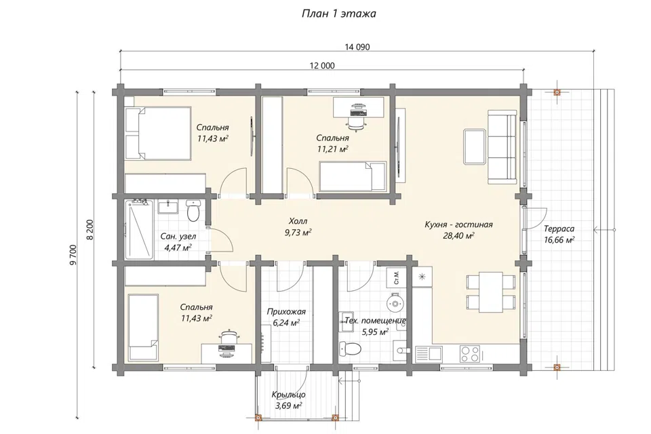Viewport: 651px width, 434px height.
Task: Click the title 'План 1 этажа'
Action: (338, 14)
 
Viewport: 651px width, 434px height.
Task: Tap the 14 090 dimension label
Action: (357, 47)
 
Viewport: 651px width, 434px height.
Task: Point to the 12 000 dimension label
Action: (322, 66)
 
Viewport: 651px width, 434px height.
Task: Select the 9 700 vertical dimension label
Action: (73, 254)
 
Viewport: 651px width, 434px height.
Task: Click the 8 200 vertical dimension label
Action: (90, 229)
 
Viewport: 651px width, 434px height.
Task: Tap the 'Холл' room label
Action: (298, 221)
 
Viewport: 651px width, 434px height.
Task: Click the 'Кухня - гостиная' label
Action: (458, 224)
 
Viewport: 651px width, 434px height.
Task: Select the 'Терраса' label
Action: (559, 229)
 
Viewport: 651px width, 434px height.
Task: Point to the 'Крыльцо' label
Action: (289, 395)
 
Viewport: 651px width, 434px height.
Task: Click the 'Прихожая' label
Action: (286, 311)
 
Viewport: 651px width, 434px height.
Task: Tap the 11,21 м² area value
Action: (332, 149)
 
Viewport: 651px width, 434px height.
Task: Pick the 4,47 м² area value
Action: (178, 248)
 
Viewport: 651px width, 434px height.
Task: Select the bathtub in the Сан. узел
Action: (139, 229)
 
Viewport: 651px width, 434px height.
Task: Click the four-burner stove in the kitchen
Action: (469, 353)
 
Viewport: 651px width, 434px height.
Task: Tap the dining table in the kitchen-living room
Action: (491, 292)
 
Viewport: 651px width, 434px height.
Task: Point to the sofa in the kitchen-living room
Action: (502, 146)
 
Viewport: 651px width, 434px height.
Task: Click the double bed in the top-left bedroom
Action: (158, 133)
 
